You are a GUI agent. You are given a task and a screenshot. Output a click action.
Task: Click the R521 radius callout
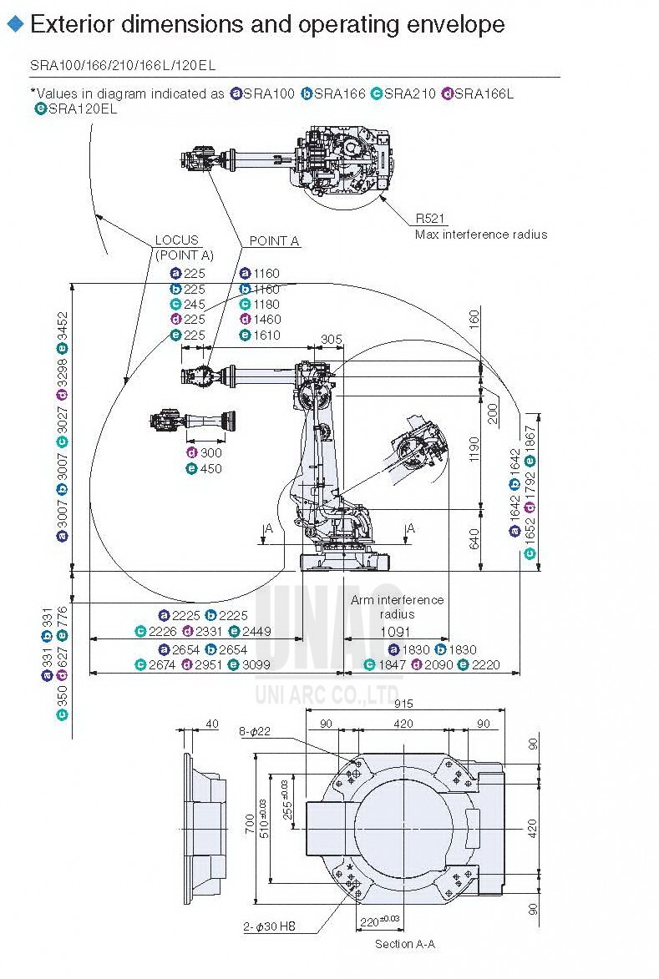(x=431, y=220)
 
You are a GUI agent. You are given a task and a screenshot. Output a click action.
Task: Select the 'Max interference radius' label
(x=481, y=235)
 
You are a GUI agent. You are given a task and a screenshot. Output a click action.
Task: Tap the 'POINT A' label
(x=274, y=241)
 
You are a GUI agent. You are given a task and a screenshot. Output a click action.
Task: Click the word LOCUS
(x=177, y=240)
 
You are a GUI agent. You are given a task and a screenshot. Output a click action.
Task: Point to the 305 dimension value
(x=332, y=339)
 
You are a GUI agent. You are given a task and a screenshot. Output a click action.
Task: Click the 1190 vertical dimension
(x=474, y=449)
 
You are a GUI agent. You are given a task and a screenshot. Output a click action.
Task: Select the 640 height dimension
(x=474, y=539)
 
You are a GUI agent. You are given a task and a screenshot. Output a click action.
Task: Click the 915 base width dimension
(x=404, y=704)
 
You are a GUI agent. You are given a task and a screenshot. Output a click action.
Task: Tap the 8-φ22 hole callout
(x=253, y=732)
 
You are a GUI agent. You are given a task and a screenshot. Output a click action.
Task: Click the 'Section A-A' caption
(x=404, y=944)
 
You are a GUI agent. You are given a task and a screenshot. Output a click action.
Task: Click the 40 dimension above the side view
(x=211, y=724)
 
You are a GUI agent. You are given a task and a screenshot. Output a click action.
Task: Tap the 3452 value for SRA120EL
(x=63, y=331)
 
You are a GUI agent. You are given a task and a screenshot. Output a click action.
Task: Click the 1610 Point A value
(x=266, y=335)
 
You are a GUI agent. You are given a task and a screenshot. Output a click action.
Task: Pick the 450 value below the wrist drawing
(x=210, y=468)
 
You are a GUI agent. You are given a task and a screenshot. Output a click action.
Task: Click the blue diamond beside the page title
(x=14, y=24)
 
